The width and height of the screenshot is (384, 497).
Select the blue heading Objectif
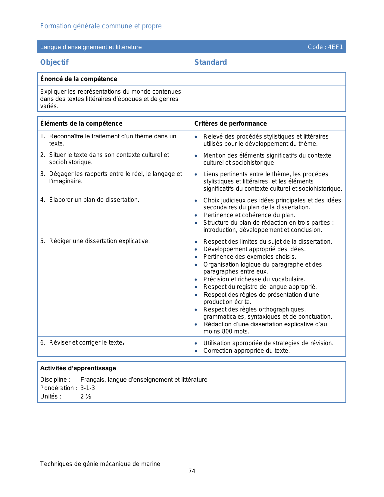coord(55,62)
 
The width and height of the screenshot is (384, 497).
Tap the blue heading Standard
coord(211,62)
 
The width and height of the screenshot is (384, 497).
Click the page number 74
coord(192,471)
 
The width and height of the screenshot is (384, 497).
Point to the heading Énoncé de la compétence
coord(79,79)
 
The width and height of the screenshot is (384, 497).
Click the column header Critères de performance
coord(230,123)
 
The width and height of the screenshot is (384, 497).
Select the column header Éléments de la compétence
coord(81,123)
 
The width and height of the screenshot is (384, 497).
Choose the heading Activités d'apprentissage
coord(78,368)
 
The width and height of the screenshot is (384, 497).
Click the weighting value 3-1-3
coord(88,388)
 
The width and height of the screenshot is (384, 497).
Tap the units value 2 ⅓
coord(86,396)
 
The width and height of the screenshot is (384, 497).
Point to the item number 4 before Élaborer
coord(42,200)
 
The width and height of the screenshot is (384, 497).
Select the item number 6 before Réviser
coord(42,342)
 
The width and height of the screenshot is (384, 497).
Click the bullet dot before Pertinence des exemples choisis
coord(196,257)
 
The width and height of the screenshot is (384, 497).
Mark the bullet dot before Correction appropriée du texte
coord(196,351)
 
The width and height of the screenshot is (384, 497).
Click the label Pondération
coord(57,388)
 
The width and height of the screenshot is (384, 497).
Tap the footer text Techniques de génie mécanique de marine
coord(100,464)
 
